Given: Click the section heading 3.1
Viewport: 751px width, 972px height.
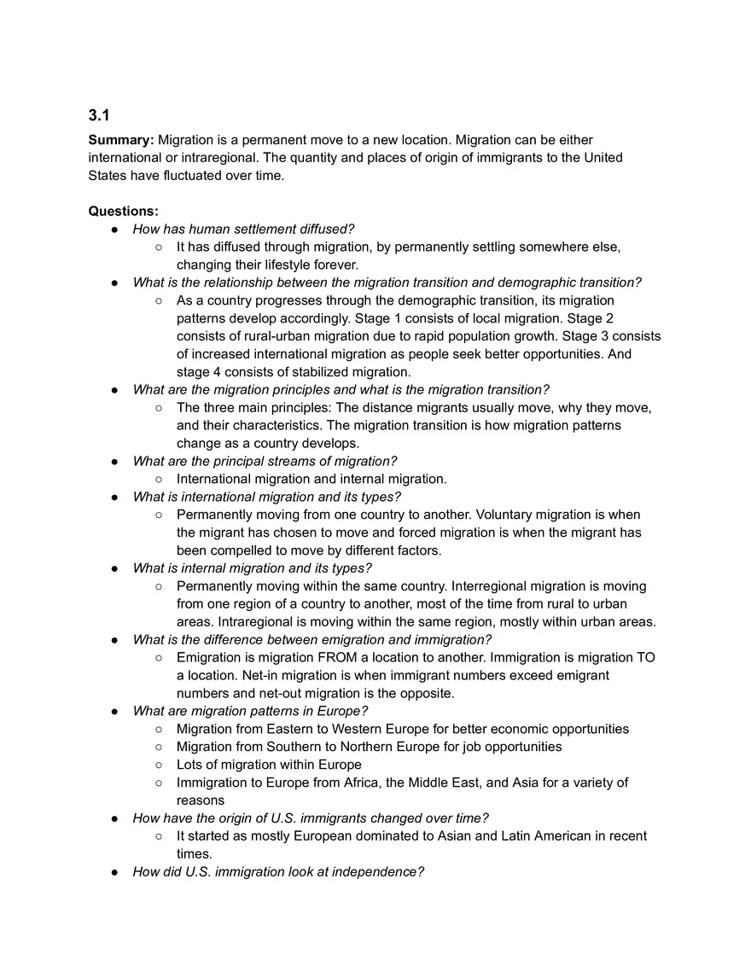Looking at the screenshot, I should pyautogui.click(x=99, y=115).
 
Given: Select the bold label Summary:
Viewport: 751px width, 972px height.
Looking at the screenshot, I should pyautogui.click(x=121, y=140).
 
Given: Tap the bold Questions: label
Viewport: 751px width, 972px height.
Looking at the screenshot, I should pyautogui.click(x=123, y=211).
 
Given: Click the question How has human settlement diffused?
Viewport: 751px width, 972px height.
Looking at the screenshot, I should pyautogui.click(x=243, y=229).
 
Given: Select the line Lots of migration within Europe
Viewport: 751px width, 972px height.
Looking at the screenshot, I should pyautogui.click(x=269, y=765).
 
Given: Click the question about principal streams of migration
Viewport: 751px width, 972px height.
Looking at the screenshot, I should pyautogui.click(x=265, y=461).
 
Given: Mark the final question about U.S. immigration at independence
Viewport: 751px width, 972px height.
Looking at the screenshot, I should pyautogui.click(x=277, y=872).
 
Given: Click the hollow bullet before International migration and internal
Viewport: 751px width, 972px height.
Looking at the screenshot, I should pyautogui.click(x=160, y=480).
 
